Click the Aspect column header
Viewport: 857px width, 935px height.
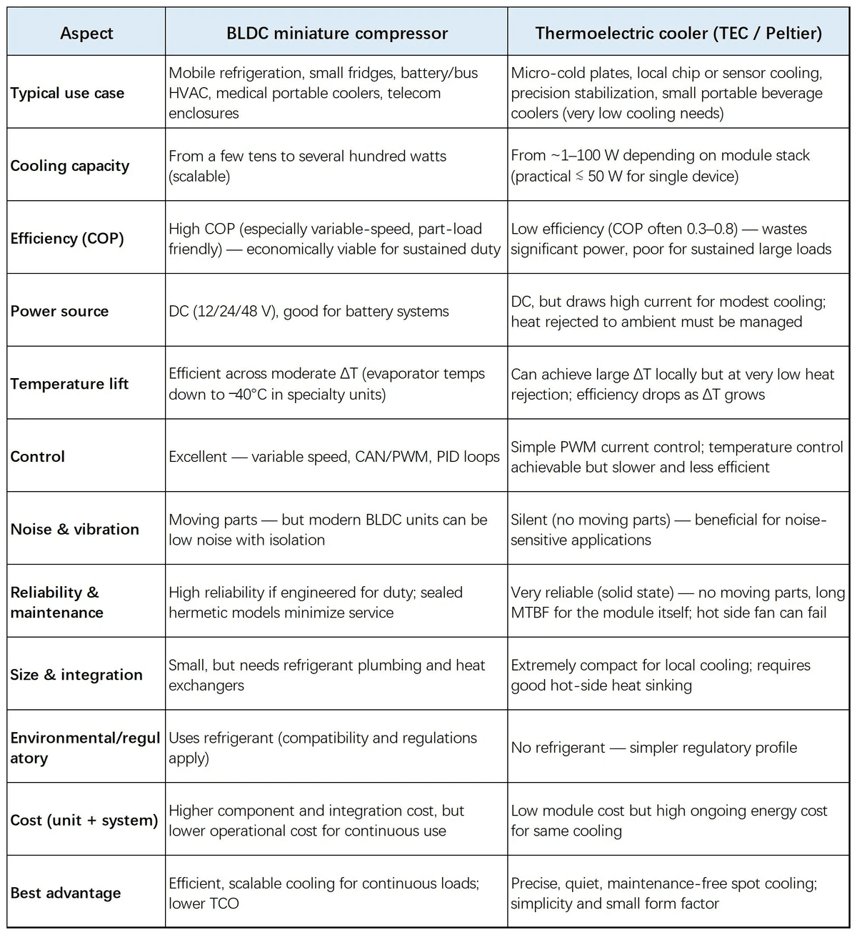pos(86,33)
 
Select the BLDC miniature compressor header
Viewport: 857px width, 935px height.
pos(336,33)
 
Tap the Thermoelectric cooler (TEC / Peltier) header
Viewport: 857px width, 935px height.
pos(678,33)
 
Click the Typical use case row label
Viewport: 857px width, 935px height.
pos(67,93)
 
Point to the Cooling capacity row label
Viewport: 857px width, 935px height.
pos(70,166)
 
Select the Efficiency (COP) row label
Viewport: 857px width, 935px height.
pos(67,239)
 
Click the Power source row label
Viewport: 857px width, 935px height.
pos(59,311)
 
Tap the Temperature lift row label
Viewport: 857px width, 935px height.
pos(69,384)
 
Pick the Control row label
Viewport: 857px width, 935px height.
pos(37,457)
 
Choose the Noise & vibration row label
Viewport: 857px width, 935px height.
pos(74,530)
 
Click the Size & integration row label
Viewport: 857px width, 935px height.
pos(76,675)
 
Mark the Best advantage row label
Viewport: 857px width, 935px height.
pos(66,893)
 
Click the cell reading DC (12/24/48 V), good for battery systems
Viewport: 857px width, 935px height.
pos(309,311)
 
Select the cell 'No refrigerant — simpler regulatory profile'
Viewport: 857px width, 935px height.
pos(653,748)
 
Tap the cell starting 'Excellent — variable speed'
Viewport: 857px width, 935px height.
pos(334,457)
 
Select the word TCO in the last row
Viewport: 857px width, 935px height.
pos(224,904)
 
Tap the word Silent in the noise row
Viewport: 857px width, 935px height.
pos(529,520)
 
